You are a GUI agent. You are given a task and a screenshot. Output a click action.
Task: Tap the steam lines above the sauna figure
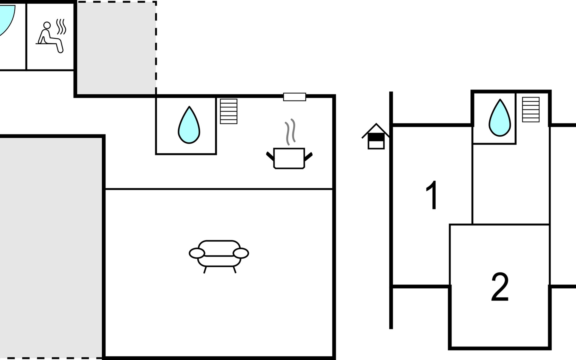point(61,26)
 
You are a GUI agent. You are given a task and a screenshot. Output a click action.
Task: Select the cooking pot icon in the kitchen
point(289,158)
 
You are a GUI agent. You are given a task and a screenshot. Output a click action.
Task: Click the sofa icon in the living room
point(219,255)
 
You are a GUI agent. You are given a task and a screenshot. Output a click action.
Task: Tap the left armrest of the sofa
point(197,253)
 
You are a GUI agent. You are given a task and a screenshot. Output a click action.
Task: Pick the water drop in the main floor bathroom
point(189,125)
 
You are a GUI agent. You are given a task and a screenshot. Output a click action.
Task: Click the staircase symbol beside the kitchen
point(229,111)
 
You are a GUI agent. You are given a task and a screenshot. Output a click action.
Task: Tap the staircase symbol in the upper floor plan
point(531,109)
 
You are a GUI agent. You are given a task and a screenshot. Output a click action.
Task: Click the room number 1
point(432,195)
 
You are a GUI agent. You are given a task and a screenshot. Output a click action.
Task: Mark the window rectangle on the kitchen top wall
point(295,97)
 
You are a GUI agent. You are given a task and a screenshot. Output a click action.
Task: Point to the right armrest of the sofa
point(241,253)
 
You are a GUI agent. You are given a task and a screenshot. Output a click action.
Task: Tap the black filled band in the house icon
point(376,137)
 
